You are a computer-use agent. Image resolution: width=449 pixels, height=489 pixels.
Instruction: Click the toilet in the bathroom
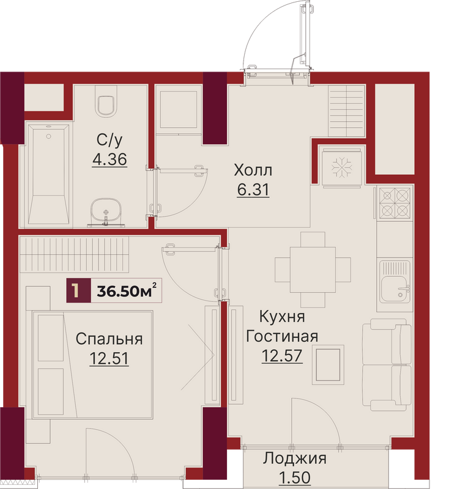tap(106, 101)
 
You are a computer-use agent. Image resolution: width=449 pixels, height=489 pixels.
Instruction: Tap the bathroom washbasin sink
tap(106, 212)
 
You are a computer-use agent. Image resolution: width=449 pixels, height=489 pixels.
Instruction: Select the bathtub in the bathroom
tap(48, 175)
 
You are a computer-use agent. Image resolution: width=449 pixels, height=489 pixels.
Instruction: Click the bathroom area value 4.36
tap(109, 160)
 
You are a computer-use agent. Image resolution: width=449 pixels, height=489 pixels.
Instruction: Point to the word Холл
tap(253, 171)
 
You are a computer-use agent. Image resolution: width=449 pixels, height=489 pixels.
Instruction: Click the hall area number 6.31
tap(253, 189)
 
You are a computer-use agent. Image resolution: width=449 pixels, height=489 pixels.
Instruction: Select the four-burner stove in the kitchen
tap(395, 203)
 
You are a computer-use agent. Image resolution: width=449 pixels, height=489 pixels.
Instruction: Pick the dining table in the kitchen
tap(313, 270)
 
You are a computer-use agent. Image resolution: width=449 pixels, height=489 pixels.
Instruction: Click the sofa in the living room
tap(387, 364)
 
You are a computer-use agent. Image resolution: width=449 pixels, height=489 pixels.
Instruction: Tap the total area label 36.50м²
tap(127, 291)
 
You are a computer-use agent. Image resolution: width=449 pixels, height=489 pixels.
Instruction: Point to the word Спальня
tap(109, 339)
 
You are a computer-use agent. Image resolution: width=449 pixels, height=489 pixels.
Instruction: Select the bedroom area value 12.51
tap(109, 358)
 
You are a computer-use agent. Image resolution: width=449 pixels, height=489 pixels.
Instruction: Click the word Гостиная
tap(283, 337)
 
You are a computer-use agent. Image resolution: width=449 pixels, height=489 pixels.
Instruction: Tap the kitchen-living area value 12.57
tap(282, 356)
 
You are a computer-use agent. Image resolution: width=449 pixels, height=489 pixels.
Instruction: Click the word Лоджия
tap(295, 459)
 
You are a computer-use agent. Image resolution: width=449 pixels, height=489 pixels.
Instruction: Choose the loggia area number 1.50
tap(295, 477)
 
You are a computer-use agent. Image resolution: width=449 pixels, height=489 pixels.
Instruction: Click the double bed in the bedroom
tap(92, 364)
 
